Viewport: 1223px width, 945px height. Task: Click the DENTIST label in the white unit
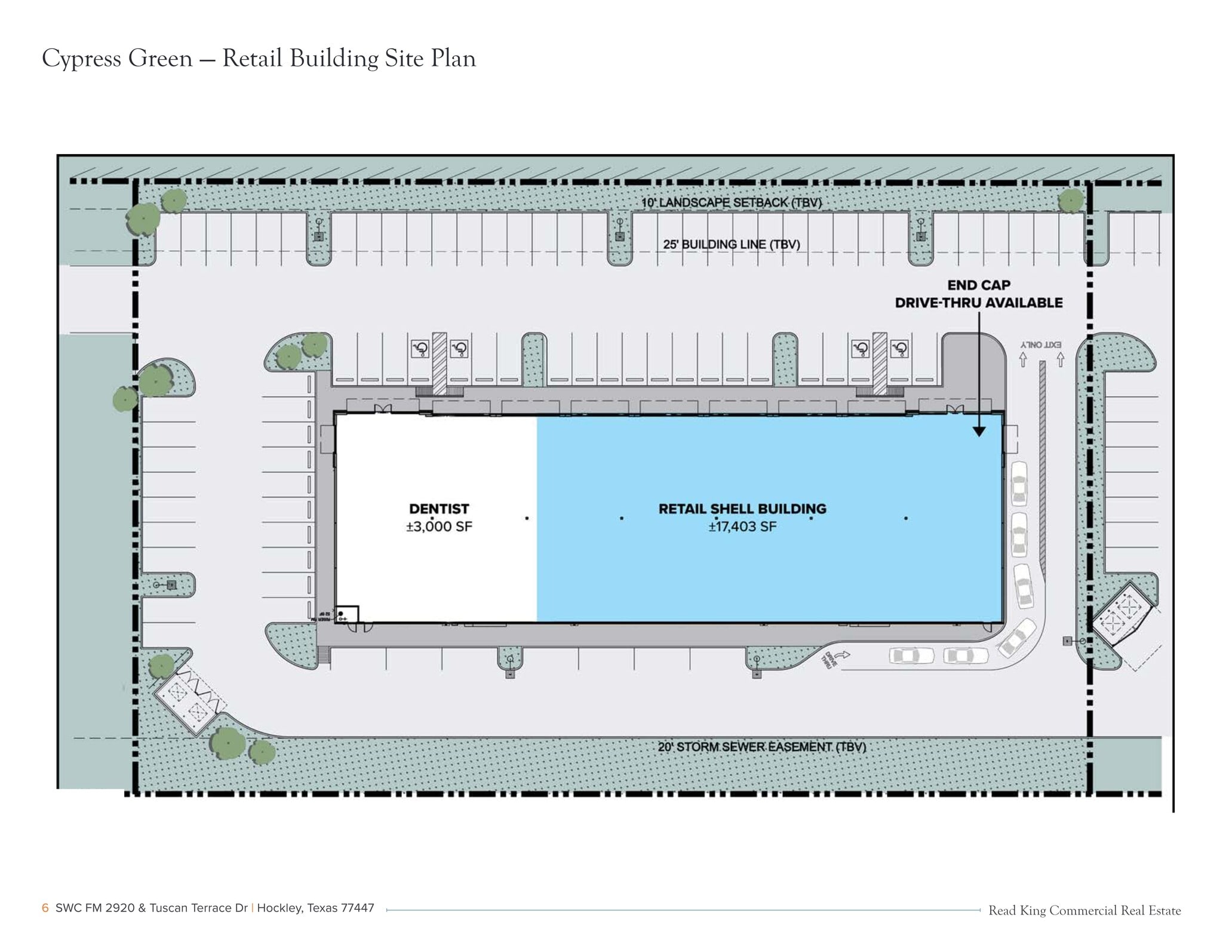pos(439,509)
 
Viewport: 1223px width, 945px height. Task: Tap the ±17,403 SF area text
pos(742,527)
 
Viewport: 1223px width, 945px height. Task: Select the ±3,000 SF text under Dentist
pos(439,527)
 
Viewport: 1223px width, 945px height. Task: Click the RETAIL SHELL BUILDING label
pos(742,509)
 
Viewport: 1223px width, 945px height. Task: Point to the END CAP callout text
pos(978,285)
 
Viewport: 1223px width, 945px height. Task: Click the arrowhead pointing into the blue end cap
pos(979,430)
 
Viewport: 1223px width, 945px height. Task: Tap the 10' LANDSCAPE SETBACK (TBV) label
pos(731,202)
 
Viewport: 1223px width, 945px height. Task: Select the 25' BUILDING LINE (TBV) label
pos(731,244)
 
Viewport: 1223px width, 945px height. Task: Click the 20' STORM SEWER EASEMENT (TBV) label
pos(761,747)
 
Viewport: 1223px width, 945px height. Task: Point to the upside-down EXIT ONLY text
pos(1041,345)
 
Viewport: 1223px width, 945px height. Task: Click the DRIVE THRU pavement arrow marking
pos(834,658)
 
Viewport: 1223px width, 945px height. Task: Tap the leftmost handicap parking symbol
pos(420,349)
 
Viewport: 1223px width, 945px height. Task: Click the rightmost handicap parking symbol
pos(900,349)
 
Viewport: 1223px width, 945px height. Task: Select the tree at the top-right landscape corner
pos(1071,201)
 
